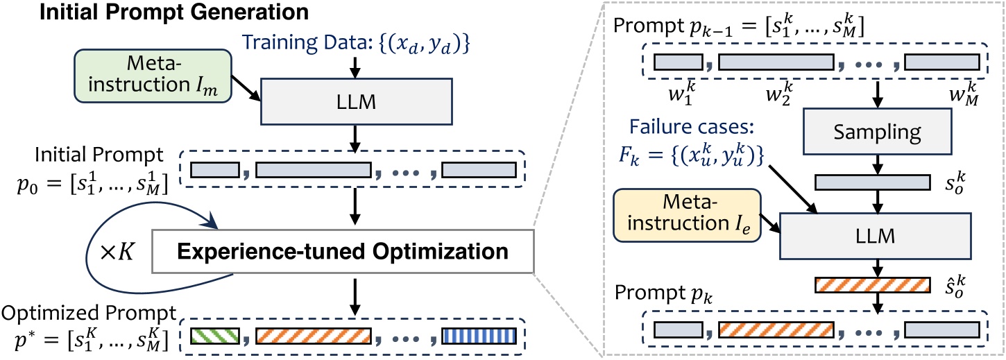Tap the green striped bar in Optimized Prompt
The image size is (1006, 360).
click(216, 338)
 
